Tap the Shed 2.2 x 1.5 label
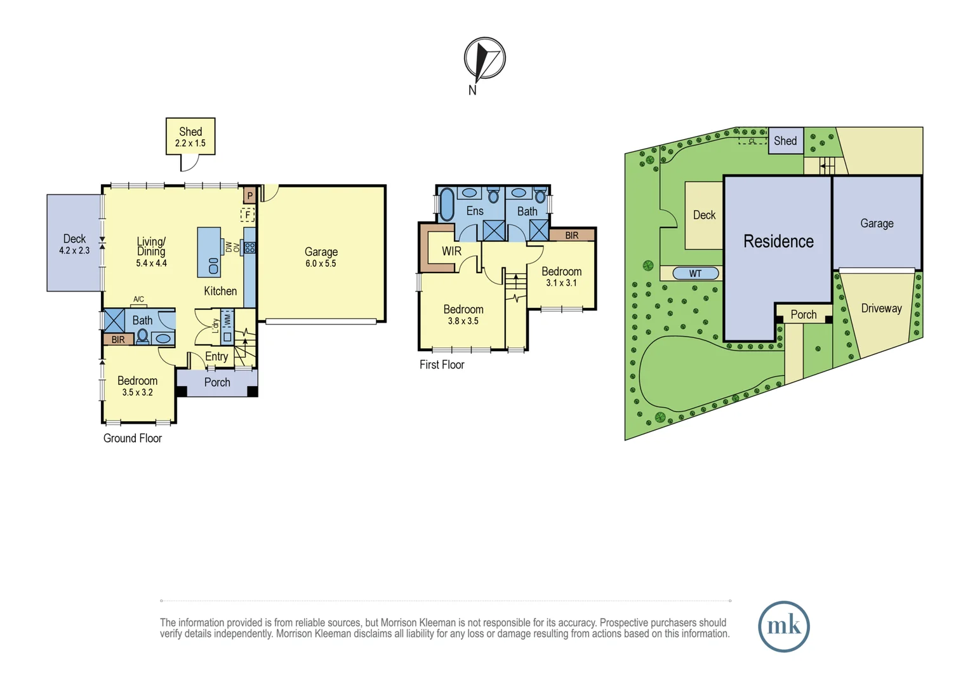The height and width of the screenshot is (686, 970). (x=190, y=137)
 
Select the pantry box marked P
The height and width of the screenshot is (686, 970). (x=249, y=196)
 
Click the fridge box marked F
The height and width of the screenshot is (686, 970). (x=248, y=215)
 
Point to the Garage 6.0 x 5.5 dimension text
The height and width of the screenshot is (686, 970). (x=321, y=264)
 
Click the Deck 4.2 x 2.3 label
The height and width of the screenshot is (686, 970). (x=74, y=245)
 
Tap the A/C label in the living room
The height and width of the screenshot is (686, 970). (x=138, y=299)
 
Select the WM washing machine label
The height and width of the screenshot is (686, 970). (x=227, y=321)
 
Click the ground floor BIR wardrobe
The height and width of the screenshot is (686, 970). (x=118, y=339)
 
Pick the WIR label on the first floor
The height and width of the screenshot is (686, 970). (x=451, y=251)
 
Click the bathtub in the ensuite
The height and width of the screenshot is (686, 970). (x=446, y=205)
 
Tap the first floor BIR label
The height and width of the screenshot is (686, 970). (x=571, y=235)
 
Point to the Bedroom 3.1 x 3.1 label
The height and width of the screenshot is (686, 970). (x=561, y=277)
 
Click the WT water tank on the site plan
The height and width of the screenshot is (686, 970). (x=696, y=273)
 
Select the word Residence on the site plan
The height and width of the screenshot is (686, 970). (x=778, y=241)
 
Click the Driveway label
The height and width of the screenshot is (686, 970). (x=881, y=308)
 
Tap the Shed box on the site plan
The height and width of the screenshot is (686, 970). (x=786, y=140)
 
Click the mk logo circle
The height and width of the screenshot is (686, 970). (x=784, y=626)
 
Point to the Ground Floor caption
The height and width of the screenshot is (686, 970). (x=133, y=438)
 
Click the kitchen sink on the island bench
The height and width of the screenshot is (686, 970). (x=213, y=266)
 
